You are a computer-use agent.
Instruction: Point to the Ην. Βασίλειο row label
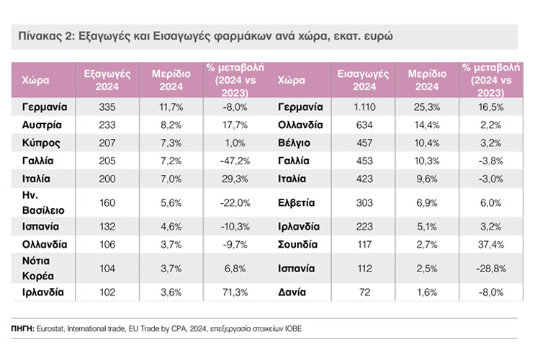(45, 204)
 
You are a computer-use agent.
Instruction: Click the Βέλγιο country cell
(295, 142)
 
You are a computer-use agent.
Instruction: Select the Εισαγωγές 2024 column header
(362, 80)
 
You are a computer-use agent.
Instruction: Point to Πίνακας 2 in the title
(42, 36)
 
